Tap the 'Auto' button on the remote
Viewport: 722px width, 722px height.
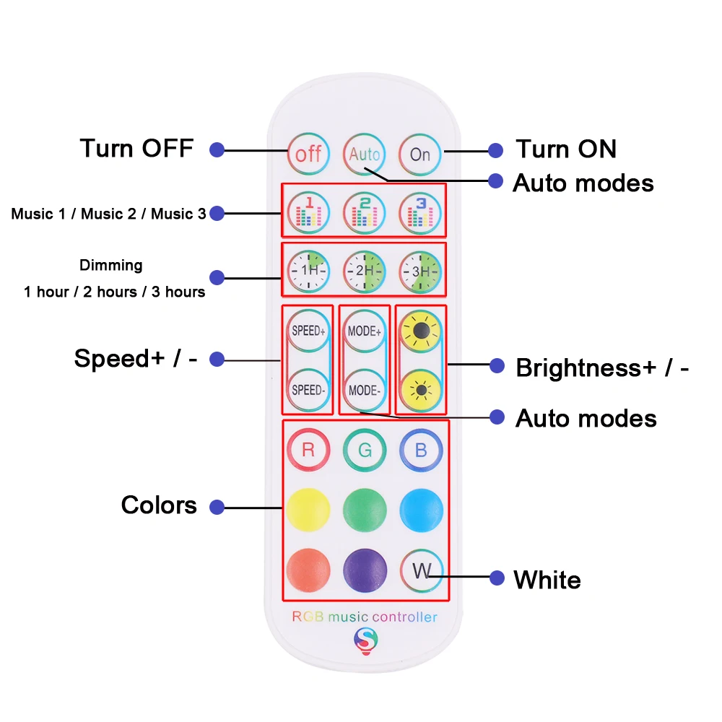click(x=364, y=154)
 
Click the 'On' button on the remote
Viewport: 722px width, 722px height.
click(x=420, y=154)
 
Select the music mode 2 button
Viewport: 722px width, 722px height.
click(x=364, y=212)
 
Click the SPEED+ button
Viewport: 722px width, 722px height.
click(x=308, y=331)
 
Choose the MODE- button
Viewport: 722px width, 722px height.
click(x=364, y=390)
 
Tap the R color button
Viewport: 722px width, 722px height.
click(x=308, y=450)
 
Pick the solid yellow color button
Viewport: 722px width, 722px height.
click(x=308, y=508)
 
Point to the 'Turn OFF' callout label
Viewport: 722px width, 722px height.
click(x=136, y=149)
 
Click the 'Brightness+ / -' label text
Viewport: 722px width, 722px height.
click(x=602, y=367)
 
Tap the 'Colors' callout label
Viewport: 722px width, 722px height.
click(x=159, y=505)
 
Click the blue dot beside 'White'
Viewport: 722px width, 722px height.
click(x=496, y=578)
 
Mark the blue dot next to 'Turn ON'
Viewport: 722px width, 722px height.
click(x=495, y=151)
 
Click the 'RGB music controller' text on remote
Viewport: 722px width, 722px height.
click(x=364, y=617)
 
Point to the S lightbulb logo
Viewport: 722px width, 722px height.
click(x=365, y=639)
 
